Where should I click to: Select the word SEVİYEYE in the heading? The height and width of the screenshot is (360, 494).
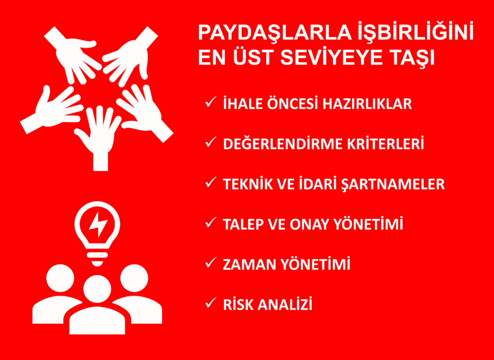(x=317, y=58)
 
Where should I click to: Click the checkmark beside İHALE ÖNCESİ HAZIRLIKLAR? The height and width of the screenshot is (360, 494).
(x=210, y=103)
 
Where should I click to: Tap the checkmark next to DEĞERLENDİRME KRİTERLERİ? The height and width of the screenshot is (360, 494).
(x=210, y=143)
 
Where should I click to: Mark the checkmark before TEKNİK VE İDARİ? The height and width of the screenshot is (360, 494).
(x=210, y=183)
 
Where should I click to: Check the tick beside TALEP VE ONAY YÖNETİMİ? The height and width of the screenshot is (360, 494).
(x=210, y=223)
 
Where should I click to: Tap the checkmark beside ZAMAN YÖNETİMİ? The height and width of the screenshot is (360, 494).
(x=210, y=263)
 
